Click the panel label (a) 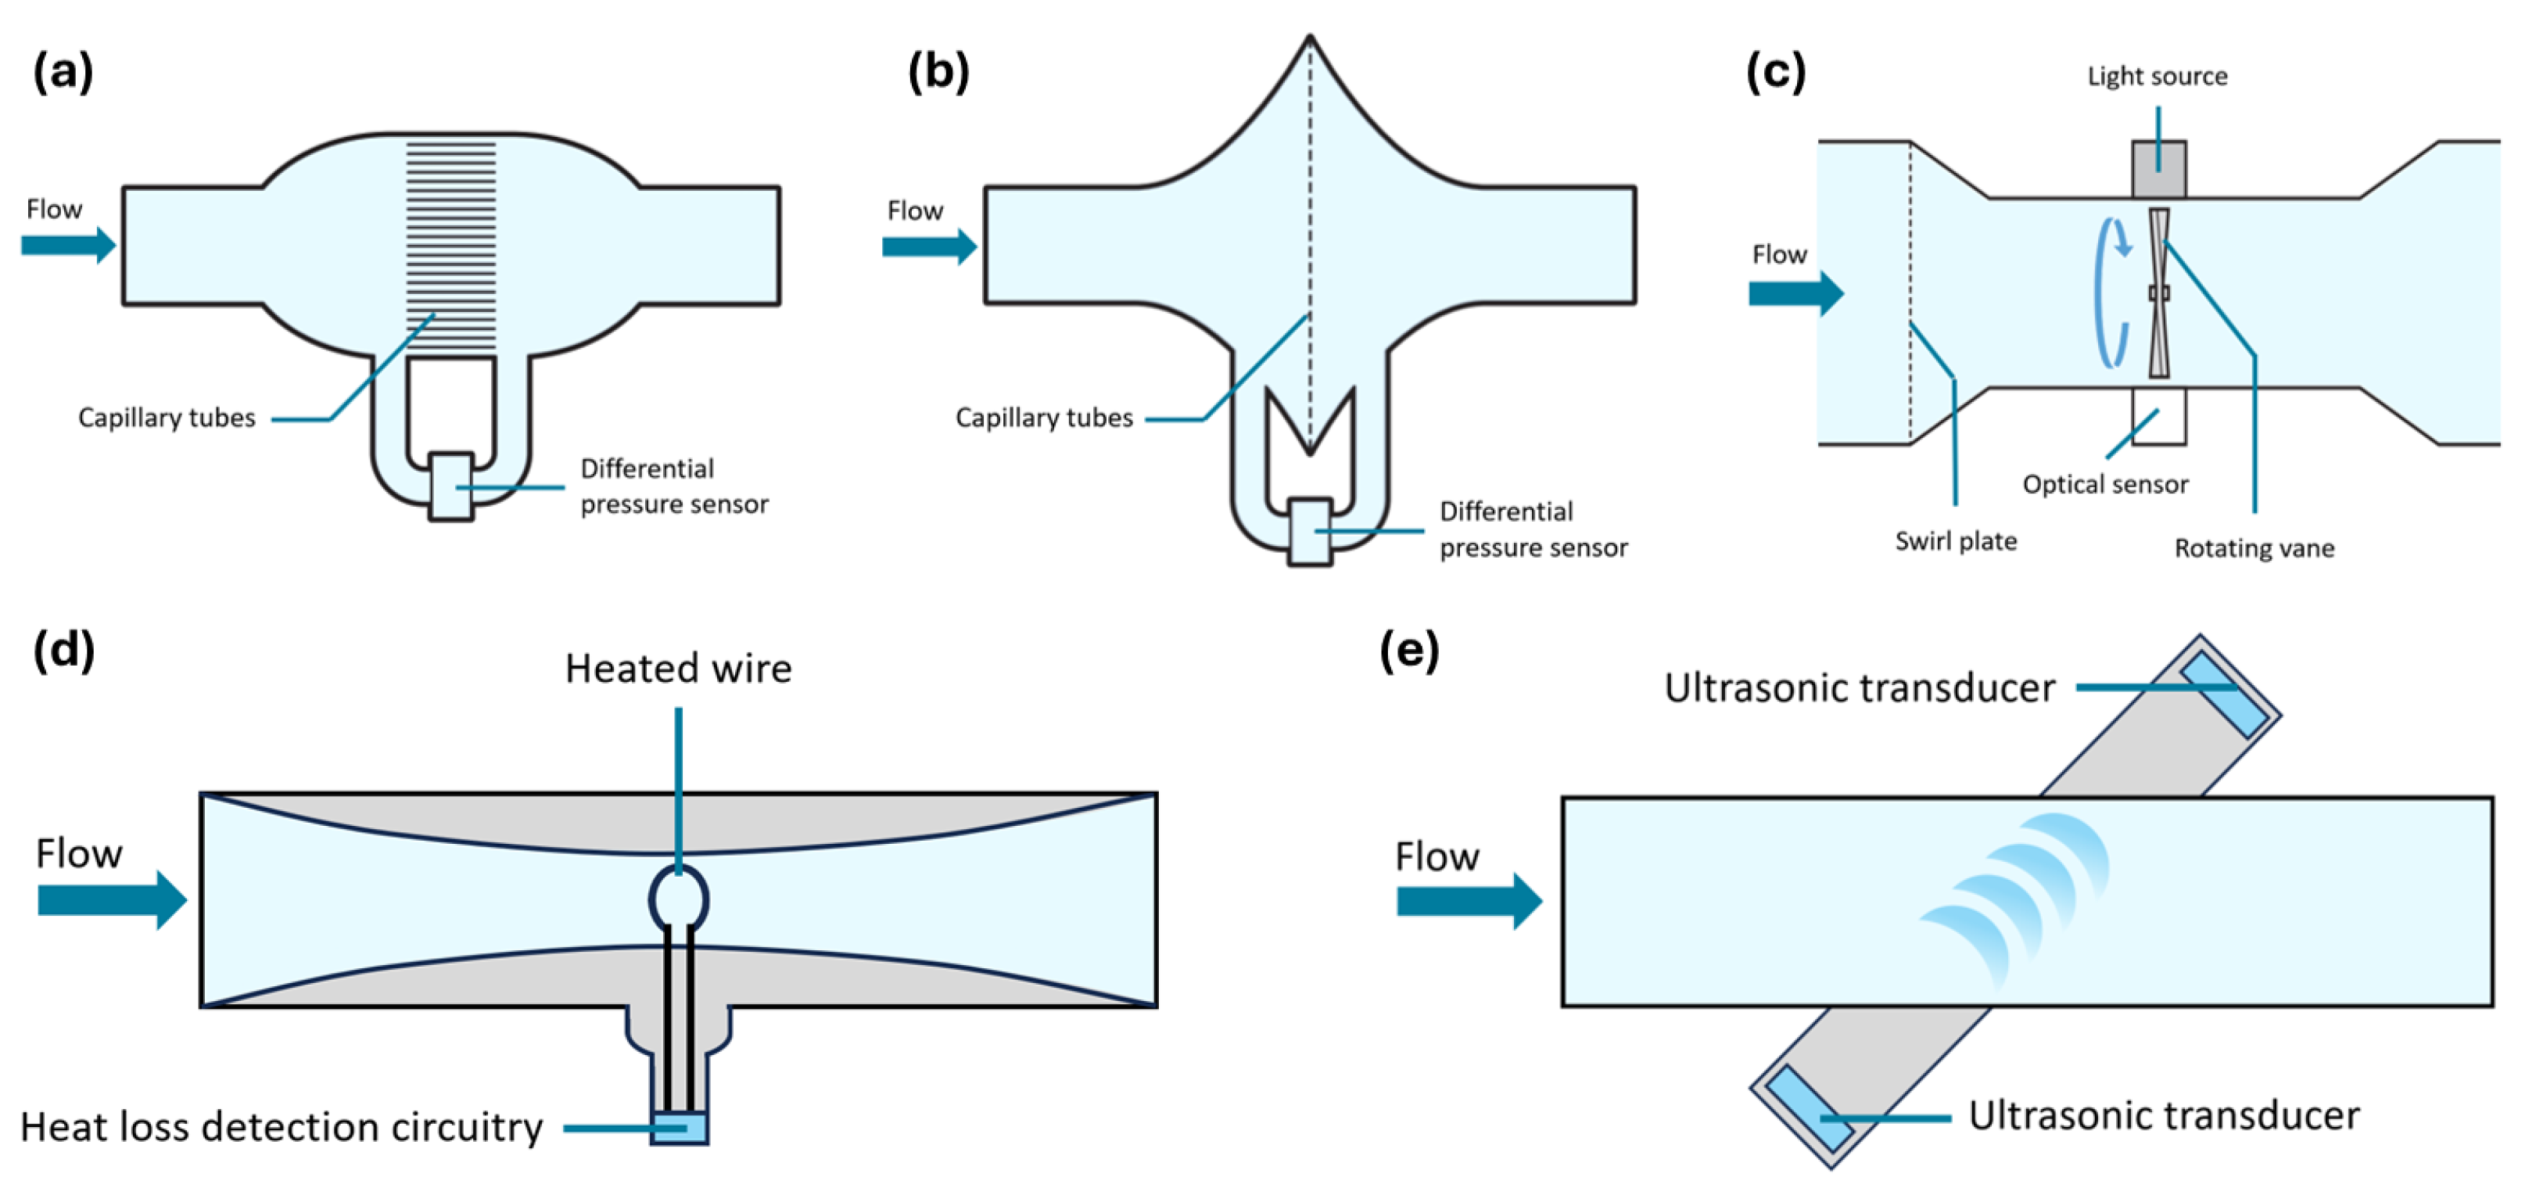tap(63, 72)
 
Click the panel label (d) tap(64, 651)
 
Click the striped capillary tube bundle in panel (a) tap(451, 246)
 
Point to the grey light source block tap(2159, 168)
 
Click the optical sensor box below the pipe tap(2159, 416)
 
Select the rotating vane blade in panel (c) tap(2159, 293)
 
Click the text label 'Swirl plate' tap(1955, 541)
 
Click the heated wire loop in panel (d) tap(678, 899)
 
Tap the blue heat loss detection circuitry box tap(680, 1128)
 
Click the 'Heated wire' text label tap(678, 669)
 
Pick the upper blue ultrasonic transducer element tap(2224, 694)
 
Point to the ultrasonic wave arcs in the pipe tap(2018, 895)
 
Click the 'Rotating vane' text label tap(2254, 548)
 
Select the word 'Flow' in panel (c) tap(1779, 255)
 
